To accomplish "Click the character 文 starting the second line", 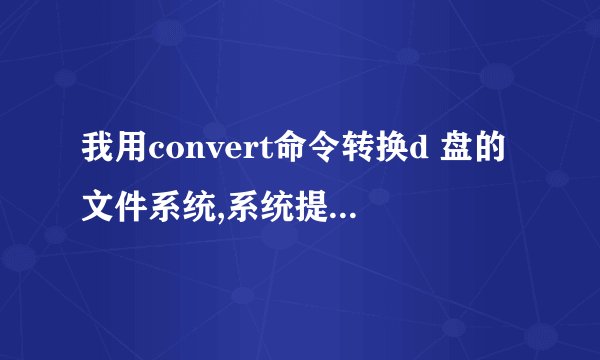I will point(97,207).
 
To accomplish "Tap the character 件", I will point(129,207).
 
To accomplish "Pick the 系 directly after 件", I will point(162,207).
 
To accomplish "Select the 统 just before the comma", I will point(194,207).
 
